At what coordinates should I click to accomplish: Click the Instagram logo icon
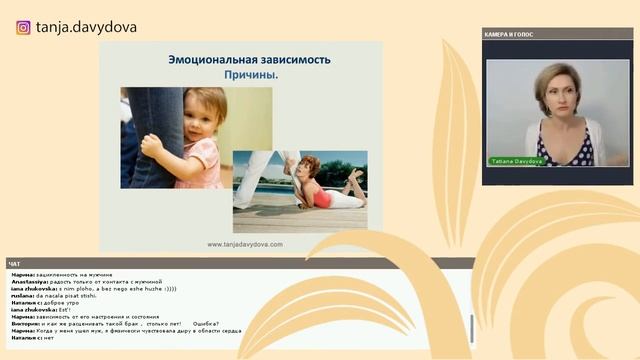coord(23,27)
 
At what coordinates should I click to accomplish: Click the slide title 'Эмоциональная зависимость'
coord(249,59)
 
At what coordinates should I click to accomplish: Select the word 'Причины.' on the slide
coord(249,75)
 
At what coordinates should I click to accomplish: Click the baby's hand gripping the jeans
coord(153,145)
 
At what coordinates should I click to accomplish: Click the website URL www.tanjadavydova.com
coord(244,244)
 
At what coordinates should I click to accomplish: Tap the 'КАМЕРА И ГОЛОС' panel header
coord(510,35)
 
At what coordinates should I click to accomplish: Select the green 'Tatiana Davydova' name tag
coord(516,160)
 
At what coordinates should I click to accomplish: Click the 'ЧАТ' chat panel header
coord(15,264)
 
